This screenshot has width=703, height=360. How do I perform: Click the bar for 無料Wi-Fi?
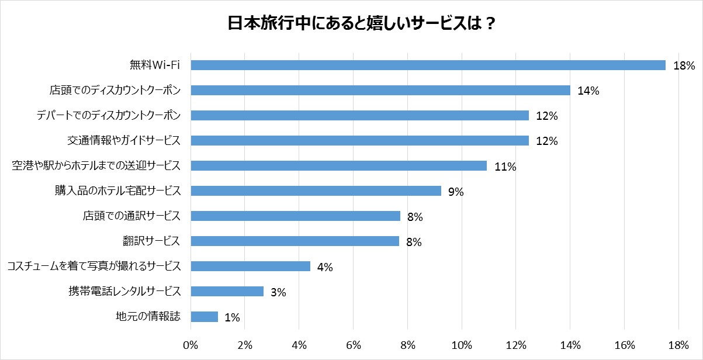click(428, 65)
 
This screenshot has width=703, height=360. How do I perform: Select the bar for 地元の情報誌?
click(204, 317)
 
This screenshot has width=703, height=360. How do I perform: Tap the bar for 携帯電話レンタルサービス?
click(227, 292)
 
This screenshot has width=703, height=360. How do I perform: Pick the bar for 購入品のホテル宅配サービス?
click(316, 191)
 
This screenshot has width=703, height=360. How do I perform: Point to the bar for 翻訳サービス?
click(295, 241)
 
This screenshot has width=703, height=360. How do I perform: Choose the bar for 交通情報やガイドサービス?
click(359, 141)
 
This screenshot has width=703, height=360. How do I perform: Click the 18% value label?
click(683, 65)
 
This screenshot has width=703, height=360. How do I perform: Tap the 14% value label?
click(588, 91)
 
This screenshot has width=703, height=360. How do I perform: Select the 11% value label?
click(505, 167)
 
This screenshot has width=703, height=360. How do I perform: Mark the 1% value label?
click(232, 317)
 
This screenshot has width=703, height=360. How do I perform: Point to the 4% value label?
click(324, 267)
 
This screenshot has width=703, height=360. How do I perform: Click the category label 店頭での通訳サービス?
click(131, 216)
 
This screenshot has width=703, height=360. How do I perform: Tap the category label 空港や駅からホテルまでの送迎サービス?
click(96, 166)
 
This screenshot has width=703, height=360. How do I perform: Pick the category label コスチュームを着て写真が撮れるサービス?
click(93, 266)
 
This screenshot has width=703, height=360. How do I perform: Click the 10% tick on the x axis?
click(462, 345)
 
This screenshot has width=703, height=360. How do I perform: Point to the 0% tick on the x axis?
click(191, 345)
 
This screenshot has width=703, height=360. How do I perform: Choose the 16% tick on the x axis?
click(624, 345)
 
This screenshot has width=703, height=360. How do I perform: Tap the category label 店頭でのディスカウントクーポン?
click(115, 91)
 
